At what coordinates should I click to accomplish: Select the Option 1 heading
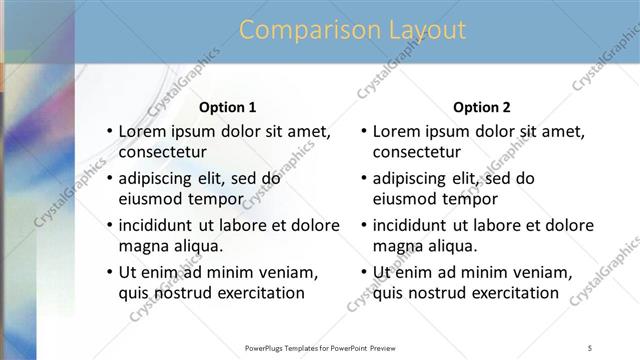pos(228,107)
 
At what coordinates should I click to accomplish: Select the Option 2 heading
pos(482,107)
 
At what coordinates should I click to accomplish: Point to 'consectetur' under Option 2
pos(417,153)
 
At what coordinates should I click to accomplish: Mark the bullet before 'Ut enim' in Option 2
pos(363,272)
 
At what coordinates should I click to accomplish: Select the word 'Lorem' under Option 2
pos(395,131)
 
